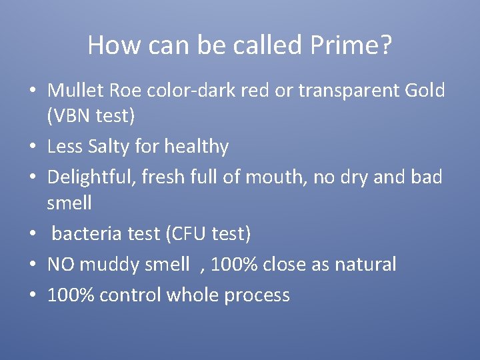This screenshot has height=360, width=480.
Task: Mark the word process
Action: pos(257,295)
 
